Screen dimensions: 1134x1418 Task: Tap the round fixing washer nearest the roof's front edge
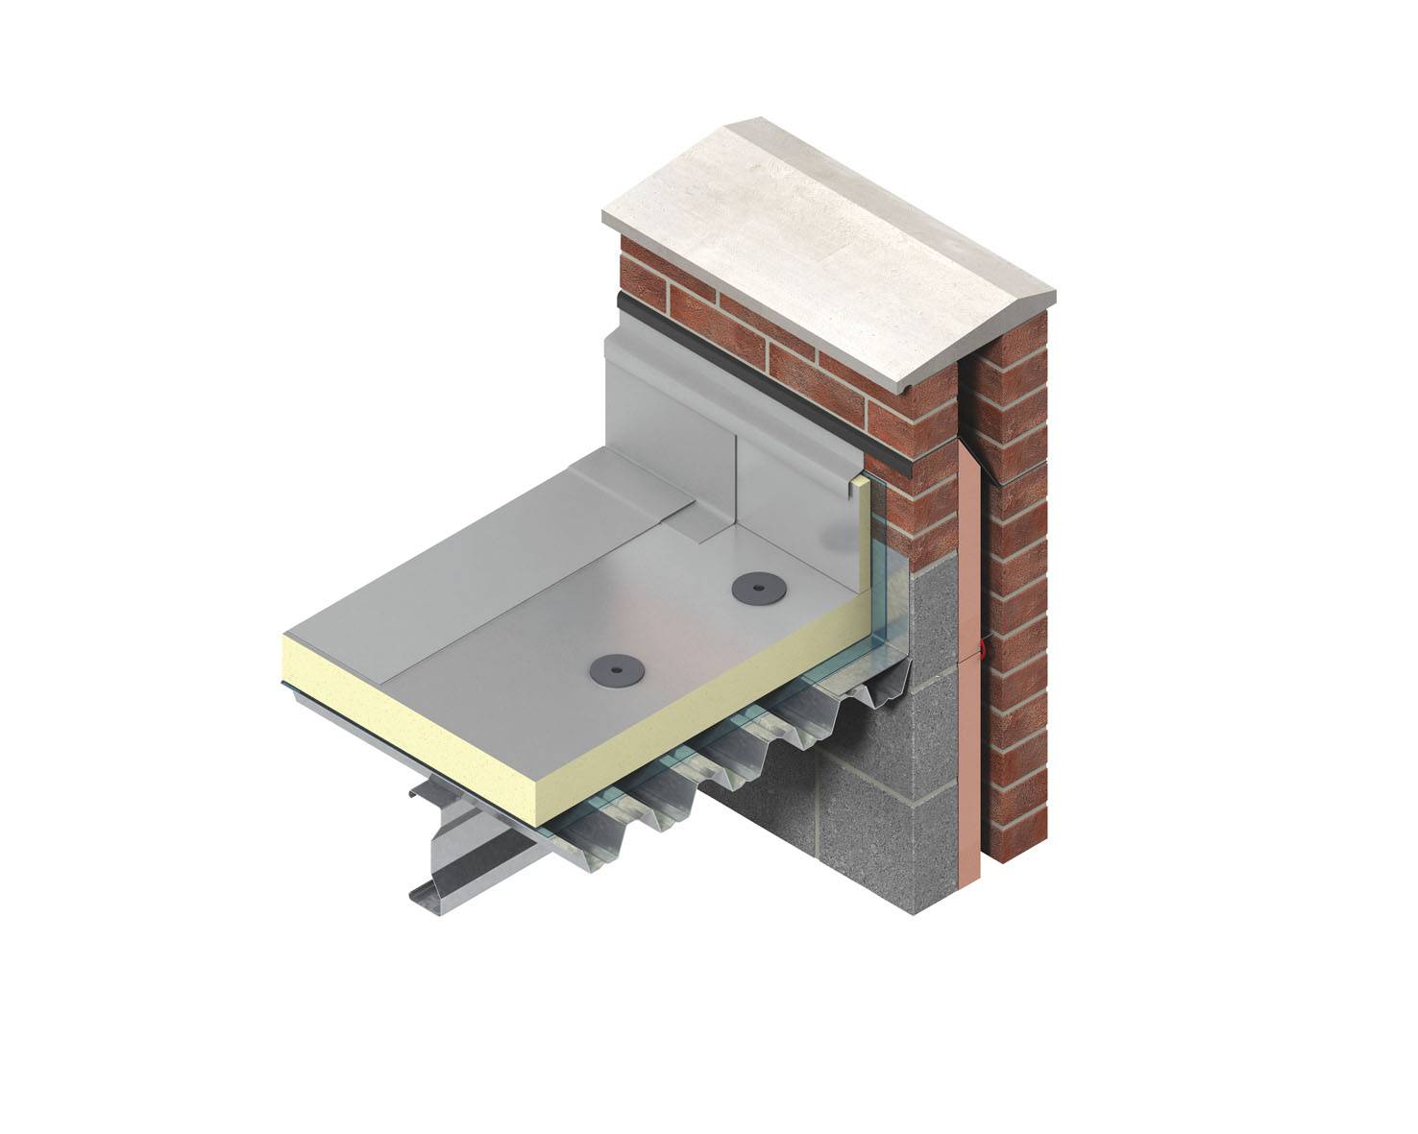point(613,664)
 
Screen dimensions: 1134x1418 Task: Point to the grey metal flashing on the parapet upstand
point(672,384)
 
